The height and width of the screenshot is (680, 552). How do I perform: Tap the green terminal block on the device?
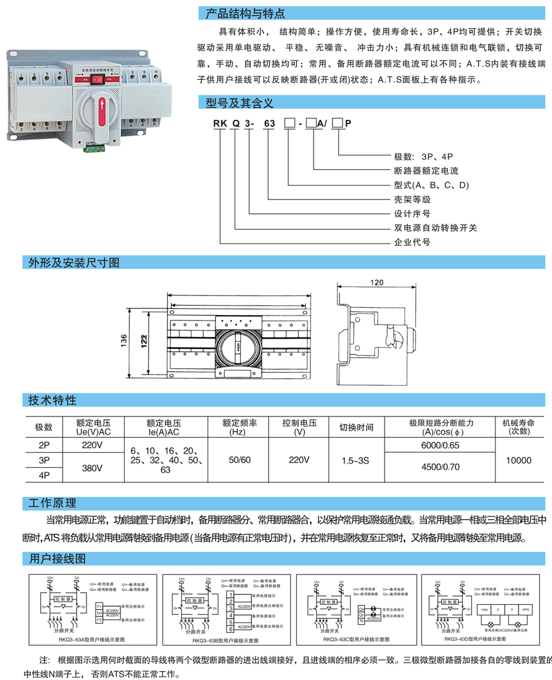[96, 149]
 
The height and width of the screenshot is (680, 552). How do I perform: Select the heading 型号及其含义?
[240, 102]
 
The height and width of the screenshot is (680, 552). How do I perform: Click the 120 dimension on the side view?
[376, 283]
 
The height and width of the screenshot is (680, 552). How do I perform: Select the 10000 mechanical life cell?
[518, 460]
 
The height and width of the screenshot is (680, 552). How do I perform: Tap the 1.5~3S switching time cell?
[356, 460]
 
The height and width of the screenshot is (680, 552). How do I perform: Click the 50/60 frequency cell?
[239, 460]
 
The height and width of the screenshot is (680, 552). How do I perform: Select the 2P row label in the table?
[43, 445]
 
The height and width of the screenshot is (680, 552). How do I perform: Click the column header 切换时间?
[356, 427]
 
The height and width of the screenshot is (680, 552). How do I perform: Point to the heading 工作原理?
[53, 503]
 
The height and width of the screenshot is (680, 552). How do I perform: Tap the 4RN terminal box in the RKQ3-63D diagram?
[524, 609]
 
